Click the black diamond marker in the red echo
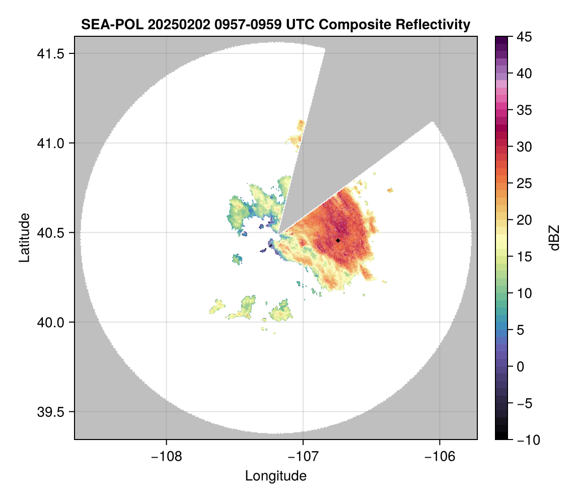[338, 240]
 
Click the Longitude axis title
[276, 476]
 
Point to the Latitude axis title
[24, 237]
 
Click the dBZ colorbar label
[554, 237]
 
